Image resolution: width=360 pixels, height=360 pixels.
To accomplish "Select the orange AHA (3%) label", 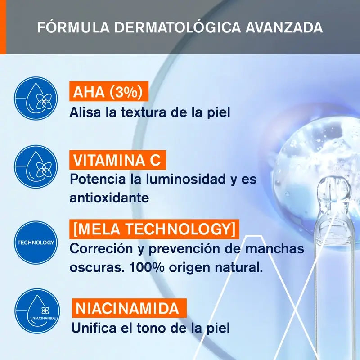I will (108, 92).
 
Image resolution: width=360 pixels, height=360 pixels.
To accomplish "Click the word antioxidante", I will (109, 198).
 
